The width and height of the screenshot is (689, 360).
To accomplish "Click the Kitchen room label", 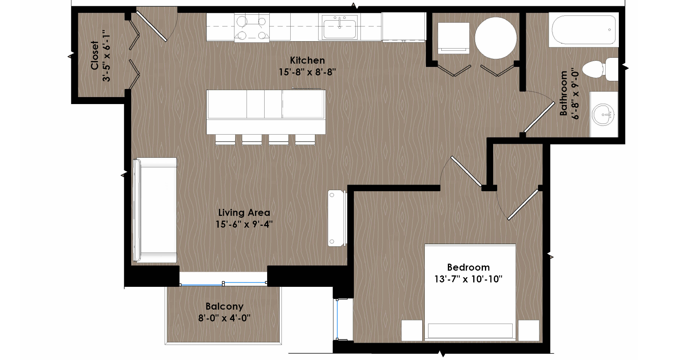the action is pyautogui.click(x=307, y=60).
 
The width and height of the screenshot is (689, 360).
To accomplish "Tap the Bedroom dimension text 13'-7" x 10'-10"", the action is pyautogui.click(x=468, y=279).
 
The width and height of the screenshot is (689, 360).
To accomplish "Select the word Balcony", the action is pyautogui.click(x=224, y=307).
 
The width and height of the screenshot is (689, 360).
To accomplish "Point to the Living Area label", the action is pyautogui.click(x=244, y=213).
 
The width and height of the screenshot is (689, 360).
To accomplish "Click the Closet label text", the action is pyautogui.click(x=95, y=55).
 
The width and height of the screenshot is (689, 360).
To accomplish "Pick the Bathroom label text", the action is pyautogui.click(x=563, y=93).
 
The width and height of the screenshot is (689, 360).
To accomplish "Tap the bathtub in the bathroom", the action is pyautogui.click(x=584, y=30).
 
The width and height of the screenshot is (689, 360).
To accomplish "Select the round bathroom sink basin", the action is pyautogui.click(x=603, y=114).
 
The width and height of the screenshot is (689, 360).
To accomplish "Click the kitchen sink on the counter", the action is pyautogui.click(x=340, y=27).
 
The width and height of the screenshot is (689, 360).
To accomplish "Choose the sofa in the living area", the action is pyautogui.click(x=155, y=210).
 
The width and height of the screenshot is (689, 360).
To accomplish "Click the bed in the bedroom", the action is pyautogui.click(x=470, y=292).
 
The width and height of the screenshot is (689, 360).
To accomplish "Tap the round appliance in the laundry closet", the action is pyautogui.click(x=496, y=38).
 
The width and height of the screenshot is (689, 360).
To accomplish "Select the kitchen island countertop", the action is pyautogui.click(x=266, y=112).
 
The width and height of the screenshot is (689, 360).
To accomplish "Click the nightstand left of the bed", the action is pyautogui.click(x=412, y=330).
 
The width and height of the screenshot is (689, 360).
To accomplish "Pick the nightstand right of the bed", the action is pyautogui.click(x=529, y=330).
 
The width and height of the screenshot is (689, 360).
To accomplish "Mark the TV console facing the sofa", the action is pyautogui.click(x=337, y=218).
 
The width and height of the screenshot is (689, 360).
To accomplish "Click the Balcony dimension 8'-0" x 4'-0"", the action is pyautogui.click(x=224, y=318).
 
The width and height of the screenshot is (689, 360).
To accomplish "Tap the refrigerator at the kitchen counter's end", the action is pyautogui.click(x=404, y=27).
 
